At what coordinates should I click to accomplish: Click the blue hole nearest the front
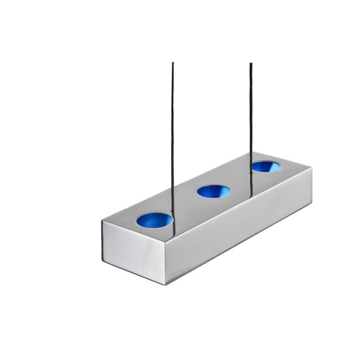[154, 220]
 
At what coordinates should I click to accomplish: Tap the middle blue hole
[213, 191]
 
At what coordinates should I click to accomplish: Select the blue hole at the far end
[266, 166]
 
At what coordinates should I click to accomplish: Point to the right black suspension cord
[250, 112]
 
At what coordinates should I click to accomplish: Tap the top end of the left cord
[173, 64]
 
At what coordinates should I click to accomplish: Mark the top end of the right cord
[251, 64]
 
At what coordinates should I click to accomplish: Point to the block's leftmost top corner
[102, 220]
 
